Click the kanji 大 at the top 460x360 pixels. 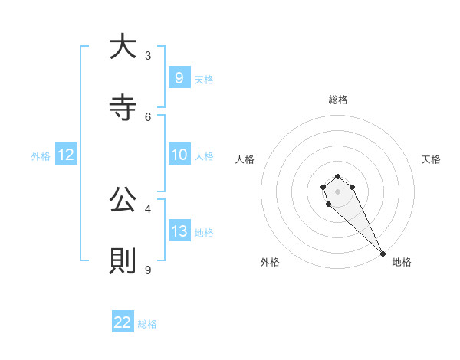[x=123, y=47]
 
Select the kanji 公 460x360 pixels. [x=123, y=201]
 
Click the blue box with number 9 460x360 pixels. [x=179, y=77]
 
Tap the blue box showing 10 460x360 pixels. [x=179, y=155]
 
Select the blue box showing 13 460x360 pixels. [x=179, y=231]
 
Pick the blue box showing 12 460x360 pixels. [x=66, y=155]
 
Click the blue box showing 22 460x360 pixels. [x=123, y=322]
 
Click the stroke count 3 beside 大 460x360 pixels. [x=148, y=55]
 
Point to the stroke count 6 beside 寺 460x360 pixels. [x=148, y=116]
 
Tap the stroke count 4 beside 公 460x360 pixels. [x=148, y=208]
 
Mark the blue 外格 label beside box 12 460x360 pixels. [x=41, y=155]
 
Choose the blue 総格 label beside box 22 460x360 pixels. [x=147, y=323]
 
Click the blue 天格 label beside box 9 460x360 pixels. [x=204, y=79]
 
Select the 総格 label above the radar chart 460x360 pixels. [x=338, y=100]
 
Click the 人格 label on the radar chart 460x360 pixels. [x=245, y=159]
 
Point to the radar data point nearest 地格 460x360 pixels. [x=383, y=253]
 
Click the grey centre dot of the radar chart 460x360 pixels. [x=337, y=191]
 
